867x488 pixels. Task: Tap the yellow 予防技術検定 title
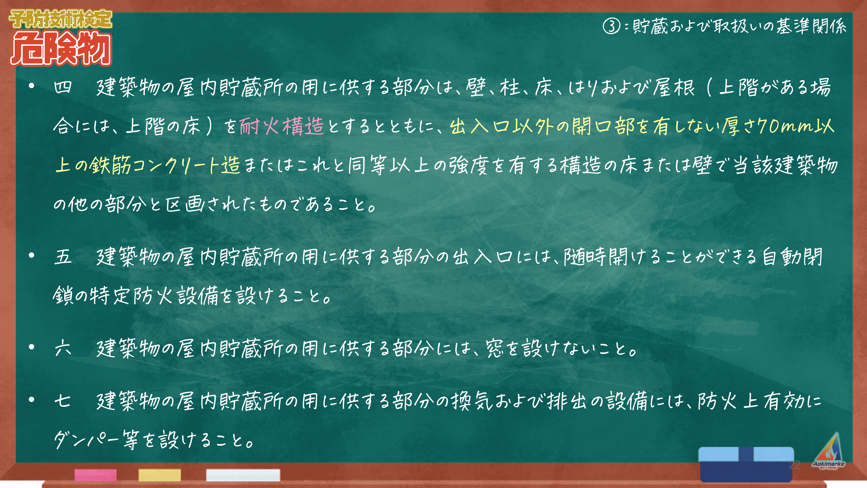click(60, 19)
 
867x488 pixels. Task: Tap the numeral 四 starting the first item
click(63, 87)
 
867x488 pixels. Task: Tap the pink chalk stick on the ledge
click(96, 475)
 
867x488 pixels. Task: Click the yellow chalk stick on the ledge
click(160, 475)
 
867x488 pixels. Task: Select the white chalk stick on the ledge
click(243, 475)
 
